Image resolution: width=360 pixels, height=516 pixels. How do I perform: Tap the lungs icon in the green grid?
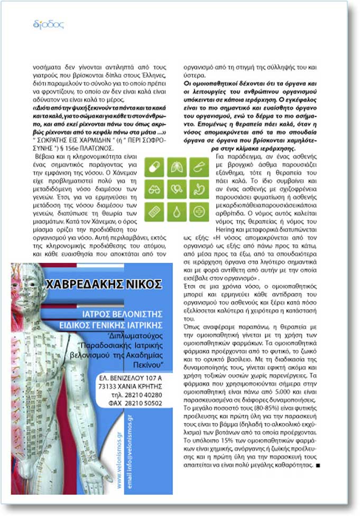point(176,167)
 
